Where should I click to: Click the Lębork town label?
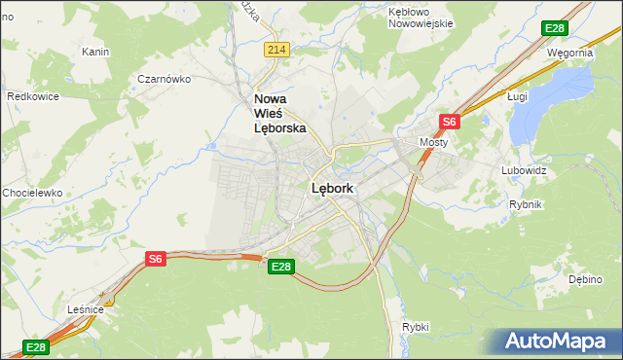[332, 189]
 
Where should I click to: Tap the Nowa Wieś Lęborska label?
[280, 113]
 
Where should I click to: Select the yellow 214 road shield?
[277, 49]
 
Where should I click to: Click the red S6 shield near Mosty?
[449, 122]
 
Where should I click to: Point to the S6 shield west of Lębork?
[156, 258]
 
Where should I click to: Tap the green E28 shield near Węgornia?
[555, 28]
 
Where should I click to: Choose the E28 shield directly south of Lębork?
[280, 267]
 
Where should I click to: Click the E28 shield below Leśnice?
[35, 347]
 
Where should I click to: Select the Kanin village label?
[94, 52]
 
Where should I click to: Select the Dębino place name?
[586, 279]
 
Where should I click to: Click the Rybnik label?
[526, 204]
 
